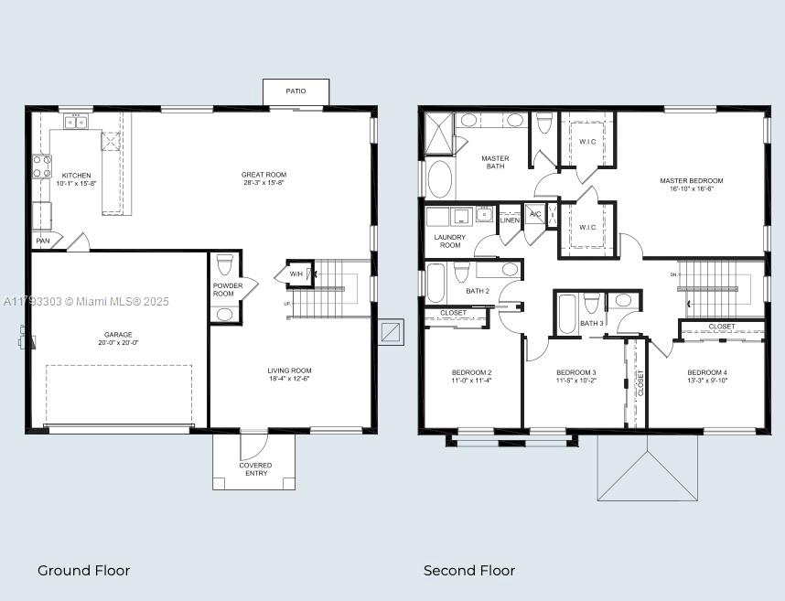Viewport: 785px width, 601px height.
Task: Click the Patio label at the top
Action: click(x=295, y=91)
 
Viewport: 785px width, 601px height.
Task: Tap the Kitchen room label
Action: click(x=77, y=175)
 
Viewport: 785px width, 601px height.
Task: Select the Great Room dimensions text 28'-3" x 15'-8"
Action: click(x=263, y=183)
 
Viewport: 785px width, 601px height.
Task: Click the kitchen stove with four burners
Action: click(x=42, y=166)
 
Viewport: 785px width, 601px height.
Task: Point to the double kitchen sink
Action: click(x=75, y=122)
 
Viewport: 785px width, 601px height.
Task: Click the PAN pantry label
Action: click(x=42, y=241)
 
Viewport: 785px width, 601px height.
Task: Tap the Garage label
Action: click(x=118, y=335)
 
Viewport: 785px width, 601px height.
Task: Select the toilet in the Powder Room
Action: click(x=225, y=266)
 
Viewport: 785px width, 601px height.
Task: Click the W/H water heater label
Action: click(x=296, y=274)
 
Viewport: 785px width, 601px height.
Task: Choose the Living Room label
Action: click(x=289, y=370)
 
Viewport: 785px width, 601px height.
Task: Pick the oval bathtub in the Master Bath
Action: click(x=440, y=179)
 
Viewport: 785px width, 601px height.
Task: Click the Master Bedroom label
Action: click(x=691, y=180)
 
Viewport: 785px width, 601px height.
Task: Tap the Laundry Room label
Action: click(x=449, y=241)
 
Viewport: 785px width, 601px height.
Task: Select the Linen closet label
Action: click(x=510, y=220)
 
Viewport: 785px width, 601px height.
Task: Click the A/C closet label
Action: click(x=535, y=214)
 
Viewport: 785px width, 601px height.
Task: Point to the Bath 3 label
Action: click(x=591, y=323)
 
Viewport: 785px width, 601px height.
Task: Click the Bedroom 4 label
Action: click(x=707, y=372)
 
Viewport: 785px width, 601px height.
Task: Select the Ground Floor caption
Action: click(x=83, y=570)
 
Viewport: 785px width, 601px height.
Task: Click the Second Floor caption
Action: click(x=468, y=570)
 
